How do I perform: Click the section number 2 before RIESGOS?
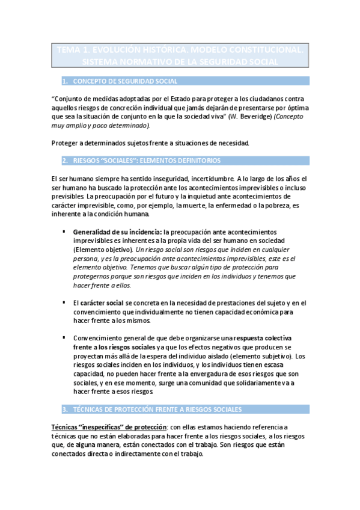[64, 161]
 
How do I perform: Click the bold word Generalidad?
[93, 232]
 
